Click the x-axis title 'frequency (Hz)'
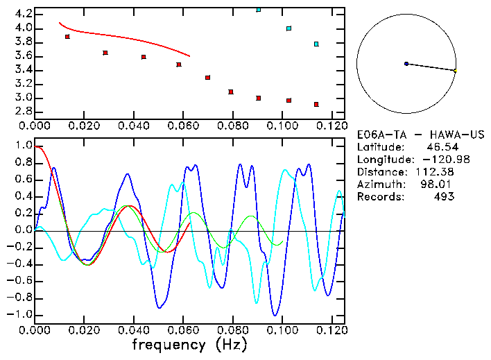[189, 345]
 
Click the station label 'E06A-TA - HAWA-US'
[420, 134]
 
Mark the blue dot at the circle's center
[406, 64]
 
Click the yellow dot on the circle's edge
[455, 70]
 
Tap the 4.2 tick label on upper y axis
[23, 14]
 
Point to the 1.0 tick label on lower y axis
[23, 146]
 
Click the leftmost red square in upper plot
[67, 37]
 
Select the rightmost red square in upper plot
[316, 105]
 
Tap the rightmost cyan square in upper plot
[316, 44]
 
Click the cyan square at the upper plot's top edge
[259, 10]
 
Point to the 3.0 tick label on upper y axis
[23, 98]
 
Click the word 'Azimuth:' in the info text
[379, 184]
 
